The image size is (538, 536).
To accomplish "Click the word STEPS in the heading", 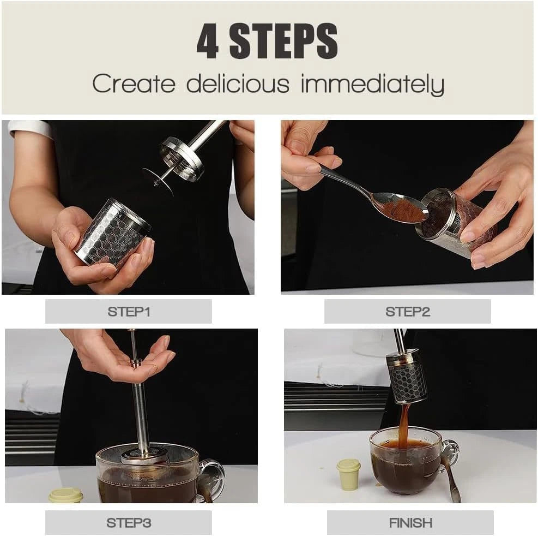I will [x=283, y=41].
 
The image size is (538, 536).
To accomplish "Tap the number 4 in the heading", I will [x=207, y=41].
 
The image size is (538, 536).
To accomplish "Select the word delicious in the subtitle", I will [x=238, y=84].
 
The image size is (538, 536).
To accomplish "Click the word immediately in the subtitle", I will [x=372, y=85].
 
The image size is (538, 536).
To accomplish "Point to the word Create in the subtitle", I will [x=134, y=84].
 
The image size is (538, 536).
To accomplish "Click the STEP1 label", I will [x=129, y=312].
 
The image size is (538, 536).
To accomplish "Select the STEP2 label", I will [x=407, y=312].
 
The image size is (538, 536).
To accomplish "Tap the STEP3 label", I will [x=129, y=522].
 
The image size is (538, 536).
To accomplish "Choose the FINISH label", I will [x=410, y=522].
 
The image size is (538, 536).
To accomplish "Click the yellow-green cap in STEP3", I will [x=65, y=496].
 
